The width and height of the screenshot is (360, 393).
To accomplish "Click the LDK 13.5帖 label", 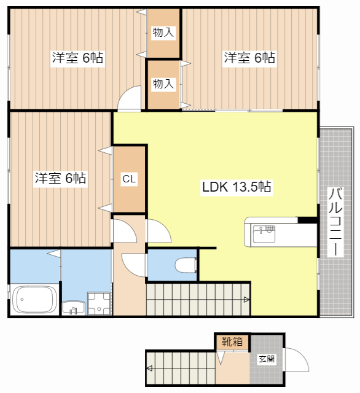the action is coord(237,187).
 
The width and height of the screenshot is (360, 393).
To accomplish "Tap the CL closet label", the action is coord(129,179).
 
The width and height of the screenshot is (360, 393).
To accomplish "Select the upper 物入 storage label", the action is coord(163,33).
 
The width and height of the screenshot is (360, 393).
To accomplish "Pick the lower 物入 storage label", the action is coord(163,84).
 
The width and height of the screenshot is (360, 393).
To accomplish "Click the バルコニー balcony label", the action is coord(335,222).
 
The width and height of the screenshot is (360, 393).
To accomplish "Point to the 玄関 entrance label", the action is coord(267,359).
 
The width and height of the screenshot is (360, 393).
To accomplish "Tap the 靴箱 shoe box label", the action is coord(232,341).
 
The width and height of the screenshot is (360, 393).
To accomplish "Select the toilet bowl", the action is coord(186,265).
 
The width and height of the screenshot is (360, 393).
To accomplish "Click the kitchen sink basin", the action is coord(264,234).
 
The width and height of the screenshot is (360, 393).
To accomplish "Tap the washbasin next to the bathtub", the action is coord(74,308).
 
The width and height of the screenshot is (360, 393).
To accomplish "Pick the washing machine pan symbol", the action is coord(99,303).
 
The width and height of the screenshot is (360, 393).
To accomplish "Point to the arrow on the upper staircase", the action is coord(246,299).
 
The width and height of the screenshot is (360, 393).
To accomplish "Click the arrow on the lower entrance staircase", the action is coord(149,368).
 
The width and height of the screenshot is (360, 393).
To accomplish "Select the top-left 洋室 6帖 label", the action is coord(77,58).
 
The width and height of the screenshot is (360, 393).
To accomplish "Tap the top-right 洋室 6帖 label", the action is coord(249,58).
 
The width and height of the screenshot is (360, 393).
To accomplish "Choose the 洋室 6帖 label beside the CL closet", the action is coord(60,178).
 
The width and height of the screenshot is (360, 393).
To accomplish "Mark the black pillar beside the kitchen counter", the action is coord(308,220).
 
